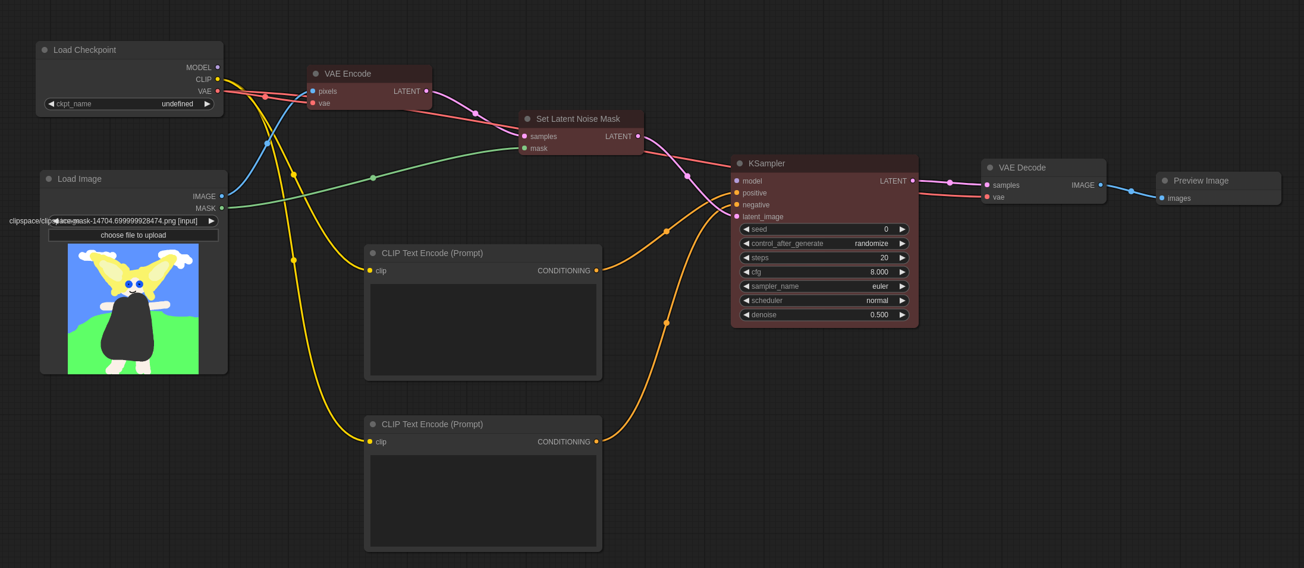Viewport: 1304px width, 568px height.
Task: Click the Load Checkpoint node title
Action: pos(84,50)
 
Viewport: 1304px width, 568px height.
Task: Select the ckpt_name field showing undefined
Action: pos(129,104)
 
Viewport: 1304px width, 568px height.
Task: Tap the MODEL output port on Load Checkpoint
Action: pos(218,67)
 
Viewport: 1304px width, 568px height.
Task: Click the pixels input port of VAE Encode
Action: pos(313,91)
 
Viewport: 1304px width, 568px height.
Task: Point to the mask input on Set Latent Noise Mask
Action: pos(524,148)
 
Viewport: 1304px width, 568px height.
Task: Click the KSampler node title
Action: pos(766,163)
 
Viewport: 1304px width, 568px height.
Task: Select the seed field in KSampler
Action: pos(824,229)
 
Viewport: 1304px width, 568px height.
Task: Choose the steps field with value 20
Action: pos(824,258)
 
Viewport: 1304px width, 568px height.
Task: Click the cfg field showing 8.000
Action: pos(824,272)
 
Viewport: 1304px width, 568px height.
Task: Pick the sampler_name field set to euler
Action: pos(824,286)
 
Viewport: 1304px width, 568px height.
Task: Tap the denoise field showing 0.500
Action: pos(824,315)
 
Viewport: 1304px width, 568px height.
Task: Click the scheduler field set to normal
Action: pos(824,301)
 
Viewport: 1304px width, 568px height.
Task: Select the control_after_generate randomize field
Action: pos(824,244)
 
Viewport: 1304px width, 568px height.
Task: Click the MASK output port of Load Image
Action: pos(222,208)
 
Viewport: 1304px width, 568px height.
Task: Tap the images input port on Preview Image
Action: pos(1162,198)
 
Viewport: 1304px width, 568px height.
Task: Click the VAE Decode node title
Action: pos(1022,168)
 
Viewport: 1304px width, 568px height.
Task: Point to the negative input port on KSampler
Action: pos(737,204)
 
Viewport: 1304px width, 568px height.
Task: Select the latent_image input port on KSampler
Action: pos(737,216)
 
